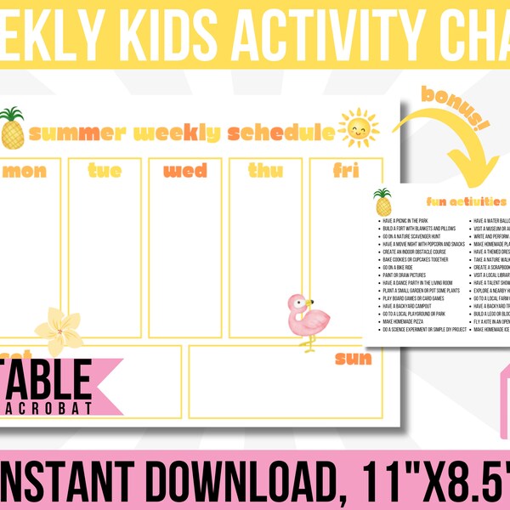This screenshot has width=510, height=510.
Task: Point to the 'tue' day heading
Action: pos(105,171)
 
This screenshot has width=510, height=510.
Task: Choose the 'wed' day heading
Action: pos(184,171)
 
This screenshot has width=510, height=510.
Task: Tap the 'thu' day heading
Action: pos(265,171)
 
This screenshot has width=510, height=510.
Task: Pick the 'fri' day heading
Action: pos(345,171)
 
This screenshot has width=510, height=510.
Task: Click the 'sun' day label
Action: pos(354,358)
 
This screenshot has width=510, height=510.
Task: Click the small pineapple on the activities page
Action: pos(383,202)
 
